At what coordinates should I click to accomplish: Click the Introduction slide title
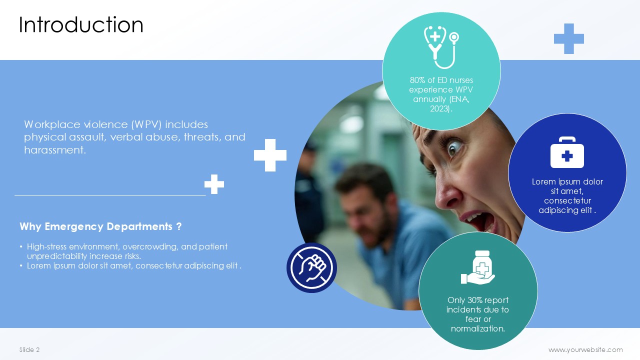point(81,25)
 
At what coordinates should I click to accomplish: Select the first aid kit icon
point(567,152)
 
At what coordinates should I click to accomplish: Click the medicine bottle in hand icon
point(477,267)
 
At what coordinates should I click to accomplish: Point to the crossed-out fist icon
point(311,267)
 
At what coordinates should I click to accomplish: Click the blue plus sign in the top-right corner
point(569,38)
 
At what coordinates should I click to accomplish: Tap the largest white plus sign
point(270,155)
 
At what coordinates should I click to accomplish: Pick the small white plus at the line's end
point(214,184)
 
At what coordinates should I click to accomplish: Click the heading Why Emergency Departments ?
point(100,226)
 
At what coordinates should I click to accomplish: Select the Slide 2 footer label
point(29,349)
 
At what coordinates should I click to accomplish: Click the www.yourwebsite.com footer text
point(585,349)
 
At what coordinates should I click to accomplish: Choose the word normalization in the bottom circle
point(478,328)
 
